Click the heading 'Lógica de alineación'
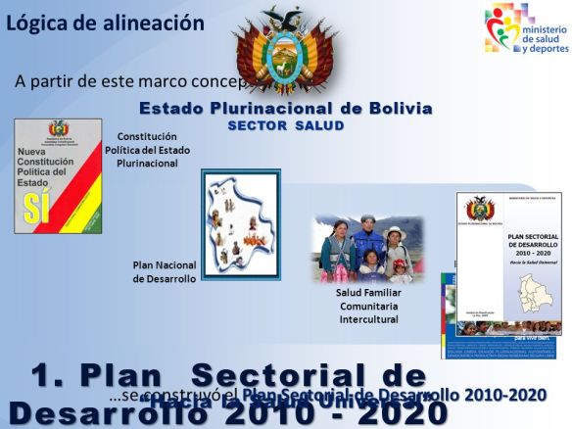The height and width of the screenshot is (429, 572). pyautogui.click(x=105, y=23)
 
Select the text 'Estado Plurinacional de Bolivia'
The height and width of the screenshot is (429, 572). pyautogui.click(x=285, y=109)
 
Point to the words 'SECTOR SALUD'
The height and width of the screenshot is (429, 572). pyautogui.click(x=286, y=126)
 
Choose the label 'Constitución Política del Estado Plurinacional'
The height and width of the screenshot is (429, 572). pyautogui.click(x=147, y=150)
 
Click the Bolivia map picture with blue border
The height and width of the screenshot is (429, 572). pyautogui.click(x=241, y=223)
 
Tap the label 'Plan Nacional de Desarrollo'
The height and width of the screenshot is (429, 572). pyautogui.click(x=165, y=271)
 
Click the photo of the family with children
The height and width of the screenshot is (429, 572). pyautogui.click(x=368, y=249)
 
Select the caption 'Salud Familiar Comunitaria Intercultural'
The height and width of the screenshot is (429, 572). pyautogui.click(x=368, y=306)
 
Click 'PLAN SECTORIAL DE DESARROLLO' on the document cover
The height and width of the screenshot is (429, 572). pyautogui.click(x=508, y=242)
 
